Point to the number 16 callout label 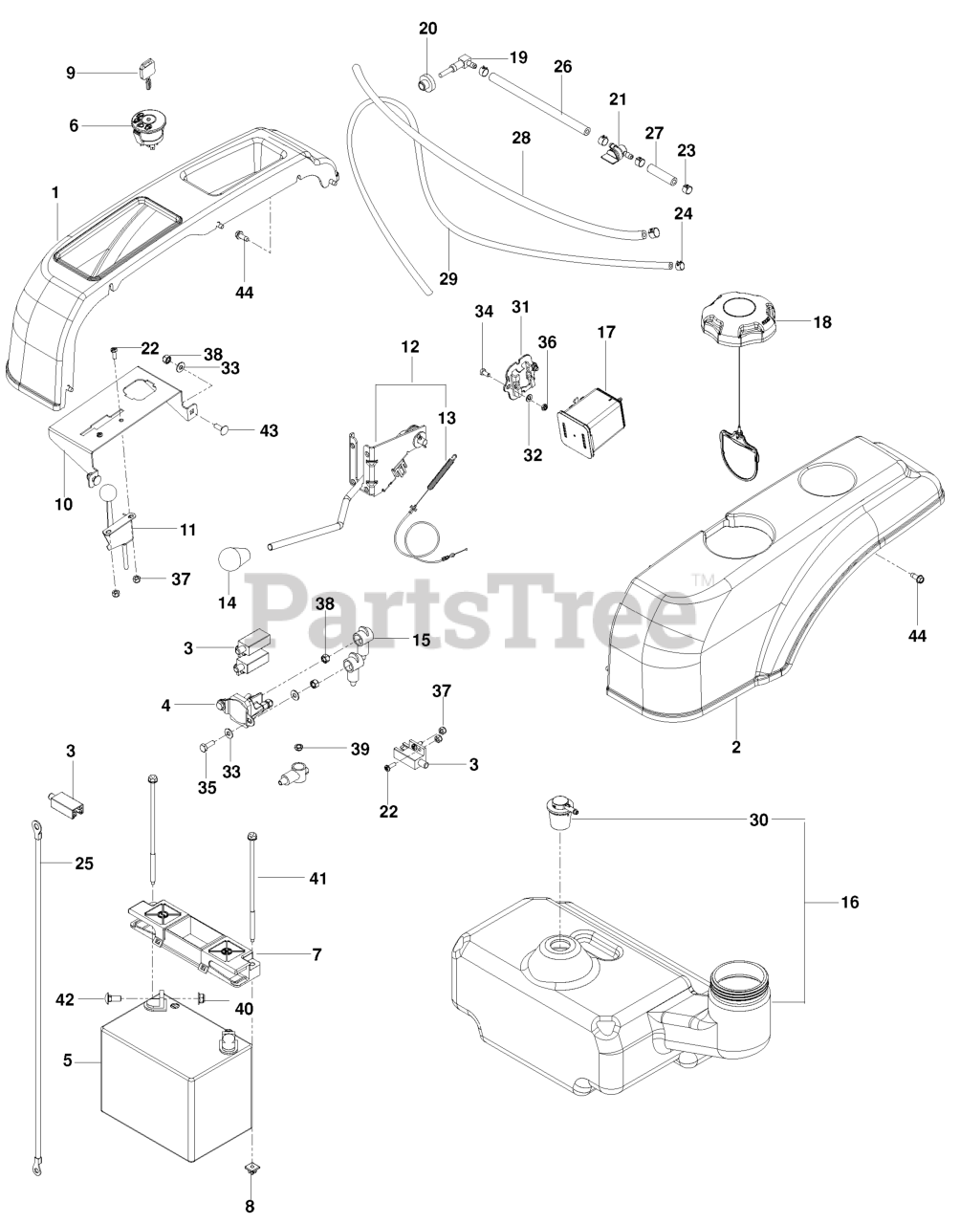coord(849,902)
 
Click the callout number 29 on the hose coord(448,279)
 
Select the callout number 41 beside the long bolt coord(316,878)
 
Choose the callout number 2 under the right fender coord(736,747)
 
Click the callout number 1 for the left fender coord(55,192)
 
